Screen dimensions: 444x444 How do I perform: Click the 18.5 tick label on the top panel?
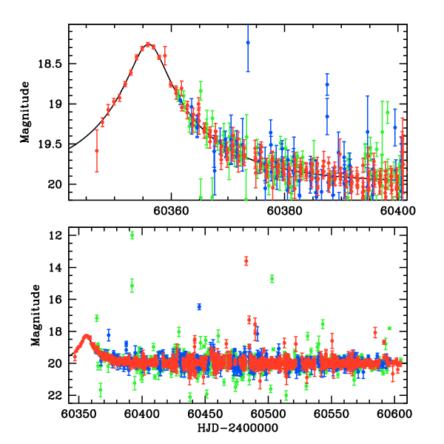pos(52,64)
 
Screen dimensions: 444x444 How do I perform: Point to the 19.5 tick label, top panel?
pos(52,144)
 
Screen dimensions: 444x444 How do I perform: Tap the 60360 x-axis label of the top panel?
pos(171,210)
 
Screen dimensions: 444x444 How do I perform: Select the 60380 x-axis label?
pos(285,210)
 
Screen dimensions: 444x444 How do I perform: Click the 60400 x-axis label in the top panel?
pos(398,210)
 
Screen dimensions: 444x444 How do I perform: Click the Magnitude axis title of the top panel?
pos(25,112)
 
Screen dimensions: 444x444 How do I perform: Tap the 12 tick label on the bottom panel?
pos(55,236)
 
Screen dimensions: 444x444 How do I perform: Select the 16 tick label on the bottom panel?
pos(55,300)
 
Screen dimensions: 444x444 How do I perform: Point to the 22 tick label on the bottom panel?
pos(55,396)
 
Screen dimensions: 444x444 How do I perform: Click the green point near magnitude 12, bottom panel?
pos(132,235)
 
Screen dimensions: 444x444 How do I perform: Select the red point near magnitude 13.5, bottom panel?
pos(246,260)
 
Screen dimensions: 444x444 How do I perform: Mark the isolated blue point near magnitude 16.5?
pos(199,306)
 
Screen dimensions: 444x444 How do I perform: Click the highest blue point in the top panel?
pos(248,43)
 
